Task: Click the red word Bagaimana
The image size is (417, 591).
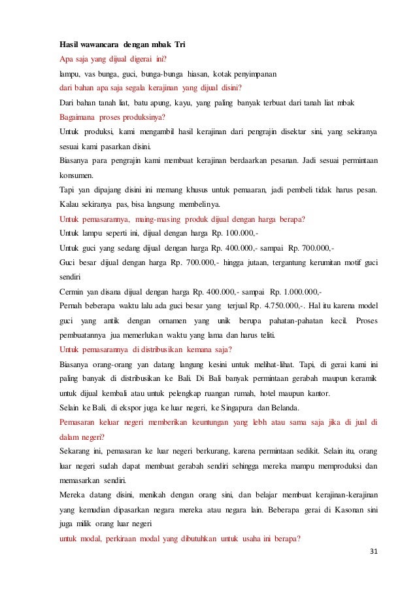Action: [78, 118]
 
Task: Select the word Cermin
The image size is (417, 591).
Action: [72, 291]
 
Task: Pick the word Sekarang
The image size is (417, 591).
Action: [76, 452]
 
